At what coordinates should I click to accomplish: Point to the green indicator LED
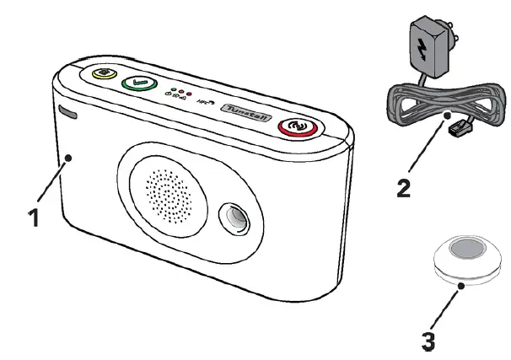coord(173,90)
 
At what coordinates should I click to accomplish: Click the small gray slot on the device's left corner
coord(68,111)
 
